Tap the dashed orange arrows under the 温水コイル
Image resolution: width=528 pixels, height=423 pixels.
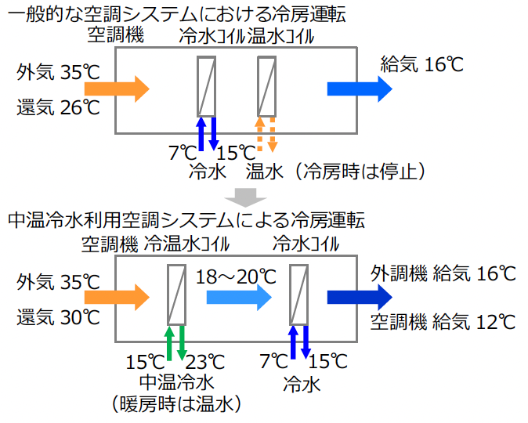point(267,134)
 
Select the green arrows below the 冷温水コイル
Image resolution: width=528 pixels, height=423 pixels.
point(175,342)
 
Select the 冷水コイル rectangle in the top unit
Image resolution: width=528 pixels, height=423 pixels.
point(207,86)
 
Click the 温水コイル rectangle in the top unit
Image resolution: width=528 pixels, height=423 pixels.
point(267,86)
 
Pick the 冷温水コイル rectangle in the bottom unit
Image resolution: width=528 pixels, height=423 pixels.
point(176,295)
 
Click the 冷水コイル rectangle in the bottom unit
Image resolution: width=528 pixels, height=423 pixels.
point(299,295)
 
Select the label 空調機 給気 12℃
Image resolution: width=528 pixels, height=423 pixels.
point(443,321)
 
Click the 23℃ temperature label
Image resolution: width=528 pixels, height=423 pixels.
point(205,363)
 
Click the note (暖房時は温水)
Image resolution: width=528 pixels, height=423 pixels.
point(176,404)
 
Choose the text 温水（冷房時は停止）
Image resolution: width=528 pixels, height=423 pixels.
point(336,170)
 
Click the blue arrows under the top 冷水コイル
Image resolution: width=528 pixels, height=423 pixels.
point(207,134)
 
